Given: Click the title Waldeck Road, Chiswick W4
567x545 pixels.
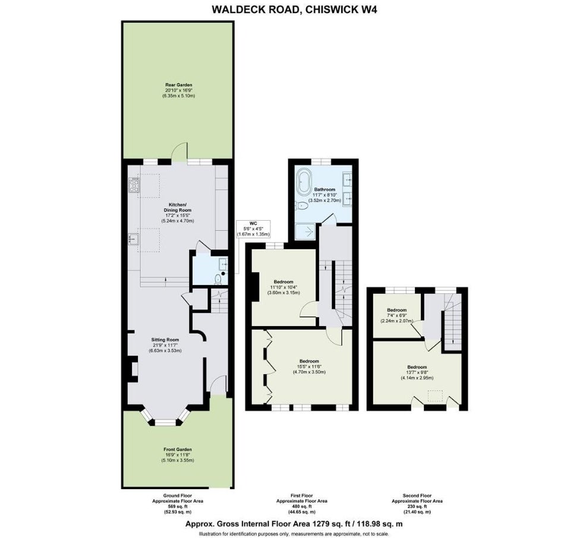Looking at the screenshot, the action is tap(294, 10).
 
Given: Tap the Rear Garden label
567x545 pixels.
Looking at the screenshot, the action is tap(179, 90).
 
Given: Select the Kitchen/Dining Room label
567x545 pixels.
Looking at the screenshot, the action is tap(178, 212).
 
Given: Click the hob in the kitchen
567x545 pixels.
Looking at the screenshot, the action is tap(134, 185).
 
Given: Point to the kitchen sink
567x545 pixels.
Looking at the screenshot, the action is tap(133, 239).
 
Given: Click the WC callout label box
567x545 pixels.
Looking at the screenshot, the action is tap(253, 228).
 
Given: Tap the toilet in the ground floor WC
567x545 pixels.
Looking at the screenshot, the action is tap(218, 278).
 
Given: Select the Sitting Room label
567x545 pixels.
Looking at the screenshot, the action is tap(165, 345).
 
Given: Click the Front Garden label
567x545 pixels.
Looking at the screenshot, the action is tap(178, 455).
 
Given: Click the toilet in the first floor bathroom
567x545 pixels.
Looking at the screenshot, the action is tap(301, 206).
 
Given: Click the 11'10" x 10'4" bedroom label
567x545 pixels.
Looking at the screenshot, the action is tap(283, 287).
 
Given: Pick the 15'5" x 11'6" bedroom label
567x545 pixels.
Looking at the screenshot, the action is tap(309, 367).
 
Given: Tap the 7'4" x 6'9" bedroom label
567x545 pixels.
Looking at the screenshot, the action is tap(396, 315).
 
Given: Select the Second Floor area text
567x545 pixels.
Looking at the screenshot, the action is tap(417, 504).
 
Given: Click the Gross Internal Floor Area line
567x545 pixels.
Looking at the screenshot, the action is tap(294, 524).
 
